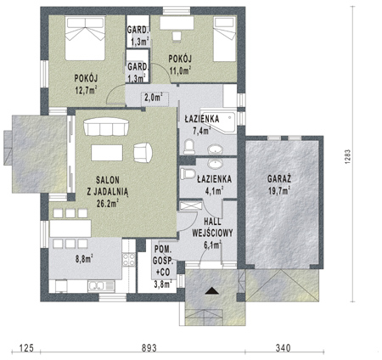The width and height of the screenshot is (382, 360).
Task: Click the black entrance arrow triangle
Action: click(x=212, y=291)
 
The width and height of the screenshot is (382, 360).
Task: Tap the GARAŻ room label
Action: click(x=279, y=179)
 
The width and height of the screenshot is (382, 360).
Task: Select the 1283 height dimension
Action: click(x=347, y=155)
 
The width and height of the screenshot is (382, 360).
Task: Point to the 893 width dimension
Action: click(x=149, y=347)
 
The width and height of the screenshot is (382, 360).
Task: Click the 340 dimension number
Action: click(x=283, y=347)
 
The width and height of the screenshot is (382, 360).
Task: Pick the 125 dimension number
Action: click(x=26, y=347)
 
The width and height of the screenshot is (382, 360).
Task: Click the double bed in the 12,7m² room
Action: click(x=85, y=38)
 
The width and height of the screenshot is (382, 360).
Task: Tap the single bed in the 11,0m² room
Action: click(x=225, y=39)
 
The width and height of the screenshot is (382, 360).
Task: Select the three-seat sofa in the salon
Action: click(x=106, y=127)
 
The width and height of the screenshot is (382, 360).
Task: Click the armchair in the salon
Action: click(x=143, y=153)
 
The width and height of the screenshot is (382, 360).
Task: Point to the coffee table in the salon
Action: click(x=107, y=153)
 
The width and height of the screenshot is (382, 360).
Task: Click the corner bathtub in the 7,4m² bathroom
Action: click(x=218, y=121)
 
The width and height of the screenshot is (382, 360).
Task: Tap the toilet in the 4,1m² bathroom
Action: click(x=188, y=173)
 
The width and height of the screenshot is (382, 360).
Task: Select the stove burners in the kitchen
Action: click(x=128, y=260)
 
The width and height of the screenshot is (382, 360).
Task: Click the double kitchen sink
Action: click(x=101, y=286)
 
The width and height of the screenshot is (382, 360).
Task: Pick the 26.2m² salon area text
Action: click(x=107, y=203)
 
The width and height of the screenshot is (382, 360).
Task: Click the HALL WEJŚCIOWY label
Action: click(x=212, y=227)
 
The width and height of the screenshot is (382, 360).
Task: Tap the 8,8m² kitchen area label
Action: click(x=85, y=258)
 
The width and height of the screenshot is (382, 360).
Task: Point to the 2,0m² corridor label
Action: click(x=154, y=97)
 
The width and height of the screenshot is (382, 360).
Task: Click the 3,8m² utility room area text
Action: click(x=163, y=284)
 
